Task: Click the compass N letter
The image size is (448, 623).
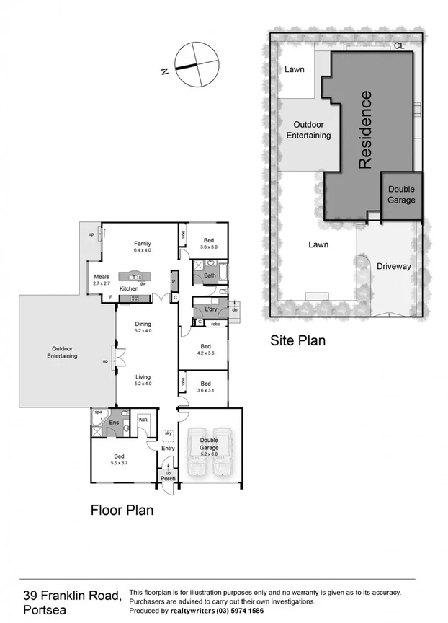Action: (x=164, y=71)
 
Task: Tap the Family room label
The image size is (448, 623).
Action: (x=142, y=243)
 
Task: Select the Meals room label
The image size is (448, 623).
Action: (x=101, y=275)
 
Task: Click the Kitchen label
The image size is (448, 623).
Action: (x=129, y=288)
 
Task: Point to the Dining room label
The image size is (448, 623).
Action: (x=143, y=324)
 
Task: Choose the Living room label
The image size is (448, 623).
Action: (x=143, y=376)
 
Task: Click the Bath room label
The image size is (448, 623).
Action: (x=210, y=275)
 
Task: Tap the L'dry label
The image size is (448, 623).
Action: (x=211, y=309)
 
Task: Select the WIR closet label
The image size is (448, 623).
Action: (x=143, y=420)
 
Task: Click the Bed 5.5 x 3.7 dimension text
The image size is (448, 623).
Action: (x=120, y=463)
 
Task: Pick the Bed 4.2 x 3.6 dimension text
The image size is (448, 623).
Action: (x=206, y=353)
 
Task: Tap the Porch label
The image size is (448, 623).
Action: (x=168, y=479)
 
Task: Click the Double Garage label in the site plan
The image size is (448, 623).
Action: (x=401, y=195)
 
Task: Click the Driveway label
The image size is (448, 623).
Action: (x=393, y=266)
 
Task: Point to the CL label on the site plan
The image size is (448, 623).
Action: (x=398, y=45)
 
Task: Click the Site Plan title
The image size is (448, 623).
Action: (x=297, y=340)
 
